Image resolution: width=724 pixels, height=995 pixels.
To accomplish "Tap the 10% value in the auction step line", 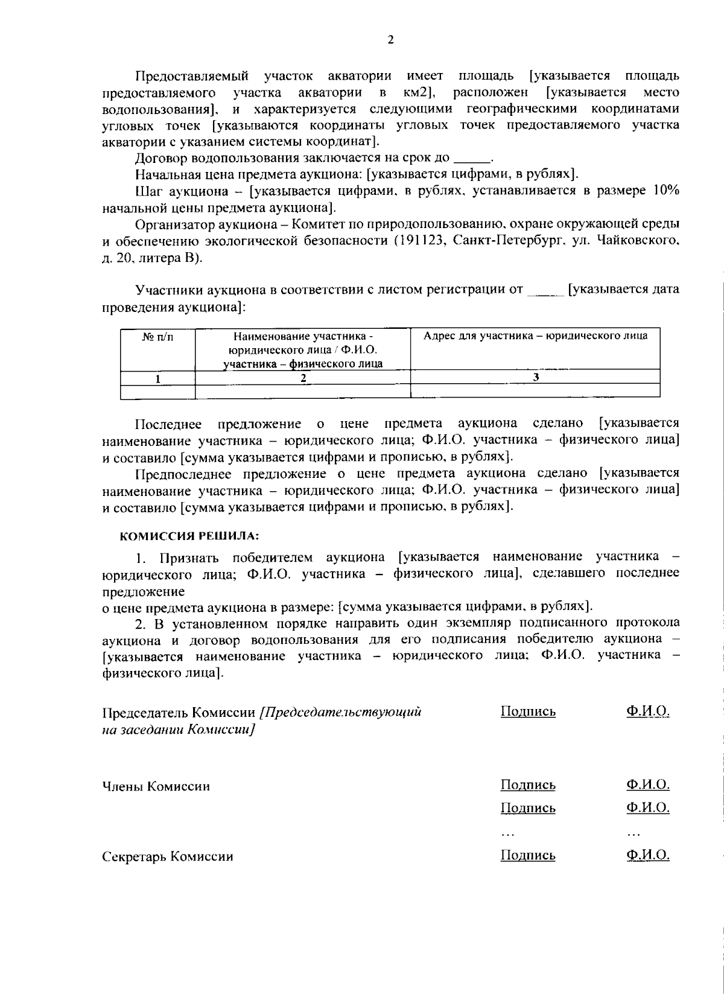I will point(665,191).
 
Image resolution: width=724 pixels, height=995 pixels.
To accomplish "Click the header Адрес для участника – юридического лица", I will point(535,336).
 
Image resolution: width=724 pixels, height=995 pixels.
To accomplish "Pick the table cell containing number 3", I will point(535,377).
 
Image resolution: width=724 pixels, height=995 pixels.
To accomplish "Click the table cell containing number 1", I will point(158,378).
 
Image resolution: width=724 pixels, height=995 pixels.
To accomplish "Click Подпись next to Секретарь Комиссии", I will point(528,855).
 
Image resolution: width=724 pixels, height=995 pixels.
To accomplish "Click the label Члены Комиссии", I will point(156,786).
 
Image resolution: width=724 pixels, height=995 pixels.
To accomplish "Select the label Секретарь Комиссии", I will point(168,856).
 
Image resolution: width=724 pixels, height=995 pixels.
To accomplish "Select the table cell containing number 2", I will point(303,378).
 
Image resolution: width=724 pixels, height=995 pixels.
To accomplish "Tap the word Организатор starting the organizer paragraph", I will point(172,224).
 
